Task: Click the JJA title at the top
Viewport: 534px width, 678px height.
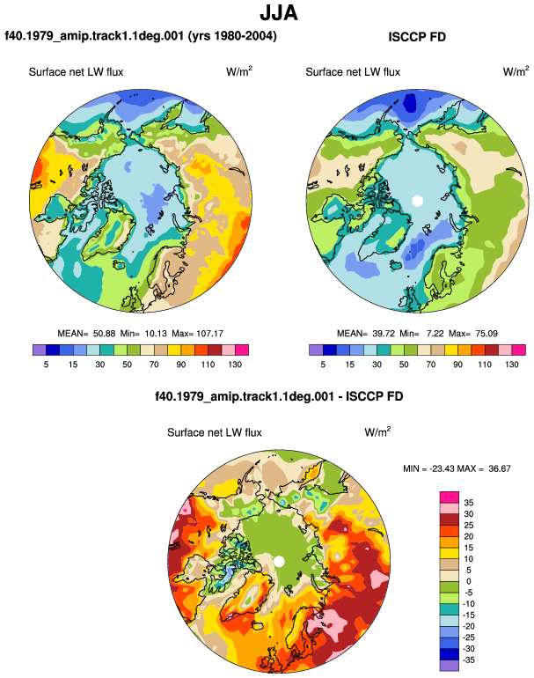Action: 279,13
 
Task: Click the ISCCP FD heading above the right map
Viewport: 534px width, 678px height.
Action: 417,37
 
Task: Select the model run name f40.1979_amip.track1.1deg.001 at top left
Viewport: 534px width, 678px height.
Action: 95,35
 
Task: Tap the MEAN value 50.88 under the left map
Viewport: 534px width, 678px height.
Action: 104,334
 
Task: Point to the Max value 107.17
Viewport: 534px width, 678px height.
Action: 209,334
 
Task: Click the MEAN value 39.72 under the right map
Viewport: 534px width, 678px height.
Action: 384,334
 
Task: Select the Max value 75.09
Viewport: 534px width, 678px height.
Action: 486,334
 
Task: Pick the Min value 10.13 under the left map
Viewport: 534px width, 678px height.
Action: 156,334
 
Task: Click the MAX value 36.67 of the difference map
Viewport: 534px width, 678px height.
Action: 500,468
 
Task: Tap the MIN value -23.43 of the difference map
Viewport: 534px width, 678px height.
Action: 441,468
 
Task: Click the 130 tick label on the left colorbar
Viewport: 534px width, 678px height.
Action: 235,364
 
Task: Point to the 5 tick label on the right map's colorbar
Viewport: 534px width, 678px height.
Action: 323,364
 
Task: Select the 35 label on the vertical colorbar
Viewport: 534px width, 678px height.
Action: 469,503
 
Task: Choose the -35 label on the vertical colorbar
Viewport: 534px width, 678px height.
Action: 469,660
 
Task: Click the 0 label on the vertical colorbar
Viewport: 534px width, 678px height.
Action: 469,581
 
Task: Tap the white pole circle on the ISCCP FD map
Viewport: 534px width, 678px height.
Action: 417,201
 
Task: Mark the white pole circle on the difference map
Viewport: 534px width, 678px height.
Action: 279,561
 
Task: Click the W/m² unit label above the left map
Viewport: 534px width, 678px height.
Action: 239,70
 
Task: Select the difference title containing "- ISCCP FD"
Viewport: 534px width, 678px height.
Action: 279,396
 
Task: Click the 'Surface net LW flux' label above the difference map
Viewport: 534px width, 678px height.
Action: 215,432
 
